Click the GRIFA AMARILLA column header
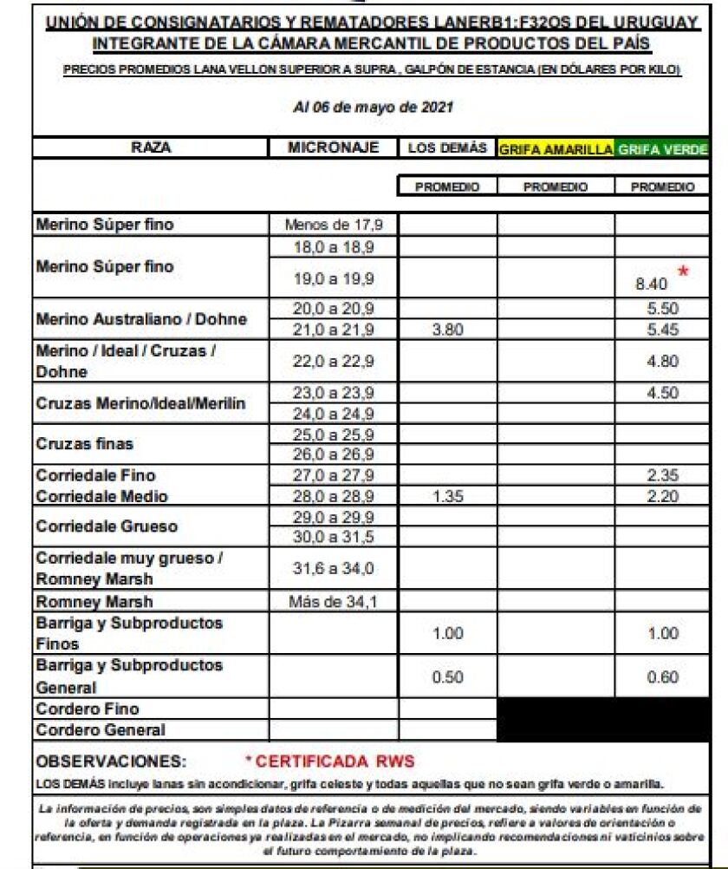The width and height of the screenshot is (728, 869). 556,149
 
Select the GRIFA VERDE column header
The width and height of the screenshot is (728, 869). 663,149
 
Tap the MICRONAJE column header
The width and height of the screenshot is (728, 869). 334,148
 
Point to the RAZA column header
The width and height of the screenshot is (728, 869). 151,148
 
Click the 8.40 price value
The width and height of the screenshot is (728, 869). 651,283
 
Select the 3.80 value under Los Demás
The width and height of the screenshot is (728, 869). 447,330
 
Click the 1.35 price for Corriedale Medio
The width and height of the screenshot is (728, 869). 447,497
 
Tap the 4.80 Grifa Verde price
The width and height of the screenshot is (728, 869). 662,363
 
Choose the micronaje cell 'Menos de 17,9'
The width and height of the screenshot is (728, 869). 334,225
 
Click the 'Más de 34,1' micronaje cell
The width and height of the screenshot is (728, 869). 334,602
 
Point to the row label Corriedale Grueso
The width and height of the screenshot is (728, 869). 107,526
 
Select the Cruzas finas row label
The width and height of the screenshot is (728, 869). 85,443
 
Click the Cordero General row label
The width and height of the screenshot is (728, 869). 101,730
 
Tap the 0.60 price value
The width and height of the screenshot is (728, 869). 662,677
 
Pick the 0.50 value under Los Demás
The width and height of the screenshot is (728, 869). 447,677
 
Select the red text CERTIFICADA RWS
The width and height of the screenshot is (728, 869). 329,761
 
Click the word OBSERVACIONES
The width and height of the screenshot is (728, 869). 111,761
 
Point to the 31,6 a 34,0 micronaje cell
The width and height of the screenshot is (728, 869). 334,568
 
